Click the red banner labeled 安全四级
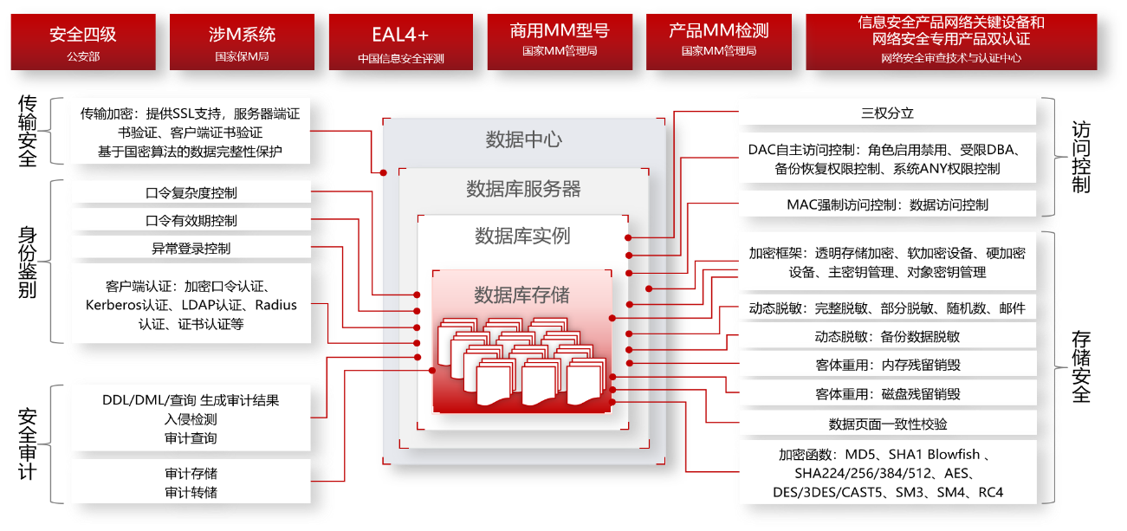[83, 42]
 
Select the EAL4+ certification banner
[400, 42]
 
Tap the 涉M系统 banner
[243, 42]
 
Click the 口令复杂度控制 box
[191, 193]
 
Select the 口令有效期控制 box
[191, 221]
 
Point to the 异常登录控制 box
[191, 249]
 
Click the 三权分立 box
[886, 113]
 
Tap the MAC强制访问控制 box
[886, 205]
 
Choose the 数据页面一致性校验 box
[886, 424]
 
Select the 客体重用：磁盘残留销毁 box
[886, 394]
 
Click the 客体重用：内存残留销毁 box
[886, 365]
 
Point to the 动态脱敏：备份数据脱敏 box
[886, 336]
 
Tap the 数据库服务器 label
[523, 189]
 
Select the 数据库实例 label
[522, 236]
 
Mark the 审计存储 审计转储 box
[191, 482]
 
